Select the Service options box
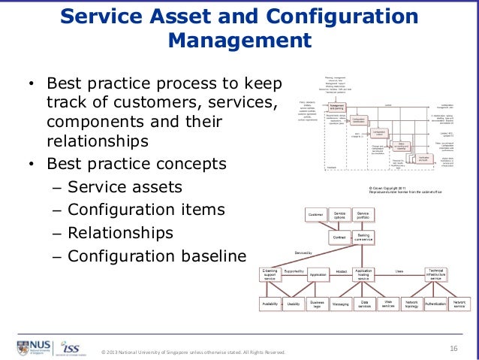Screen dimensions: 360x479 point(340,216)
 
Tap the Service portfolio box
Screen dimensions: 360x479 point(363,216)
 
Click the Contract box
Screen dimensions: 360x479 point(340,237)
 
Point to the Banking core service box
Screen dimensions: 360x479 point(363,237)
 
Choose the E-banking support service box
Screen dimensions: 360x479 point(270,275)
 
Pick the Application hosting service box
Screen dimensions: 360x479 point(363,275)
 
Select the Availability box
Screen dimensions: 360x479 point(270,304)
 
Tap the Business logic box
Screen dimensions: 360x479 point(317,304)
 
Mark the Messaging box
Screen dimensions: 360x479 point(340,304)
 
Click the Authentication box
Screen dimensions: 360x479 point(435,304)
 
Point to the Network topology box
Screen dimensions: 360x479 point(411,304)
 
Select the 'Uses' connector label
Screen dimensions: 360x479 point(399,271)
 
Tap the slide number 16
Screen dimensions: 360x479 point(453,347)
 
